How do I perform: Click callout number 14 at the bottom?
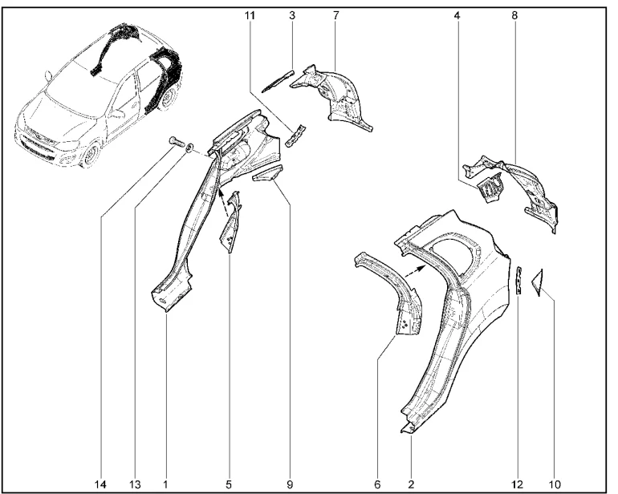pos(100,484)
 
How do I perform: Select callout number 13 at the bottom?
pos(135,484)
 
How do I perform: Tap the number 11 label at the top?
pos(250,15)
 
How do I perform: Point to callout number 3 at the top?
pos(292,15)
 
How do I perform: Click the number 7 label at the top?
pos(335,15)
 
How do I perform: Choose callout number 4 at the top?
pos(457,15)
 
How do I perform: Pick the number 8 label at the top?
pos(514,15)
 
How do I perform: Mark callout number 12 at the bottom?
pos(518,484)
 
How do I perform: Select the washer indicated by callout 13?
pos(189,148)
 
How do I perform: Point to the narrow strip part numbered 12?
pos(520,280)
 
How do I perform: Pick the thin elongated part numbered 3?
pos(279,80)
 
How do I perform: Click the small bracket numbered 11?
pos(295,136)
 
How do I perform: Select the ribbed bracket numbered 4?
pos(490,188)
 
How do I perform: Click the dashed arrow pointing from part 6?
pos(417,272)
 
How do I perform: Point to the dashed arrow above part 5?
pos(223,202)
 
